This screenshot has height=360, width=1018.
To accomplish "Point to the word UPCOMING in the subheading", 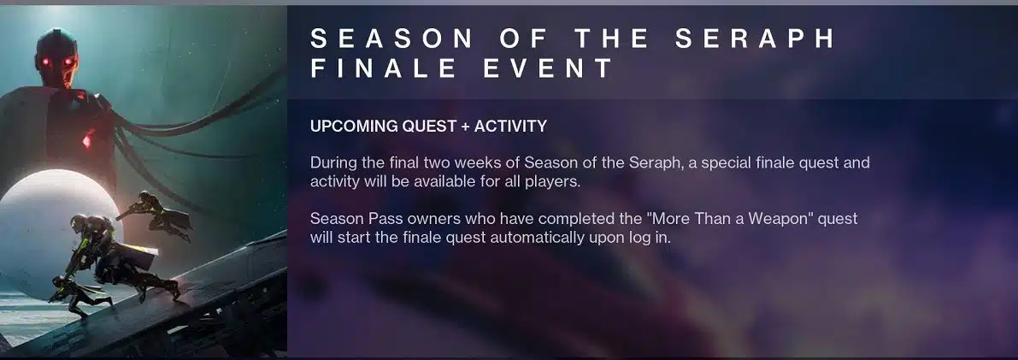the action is point(354,126).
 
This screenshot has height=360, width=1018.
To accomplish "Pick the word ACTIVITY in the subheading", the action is point(511,126).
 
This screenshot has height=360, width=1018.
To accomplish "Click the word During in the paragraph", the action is point(332,162).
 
